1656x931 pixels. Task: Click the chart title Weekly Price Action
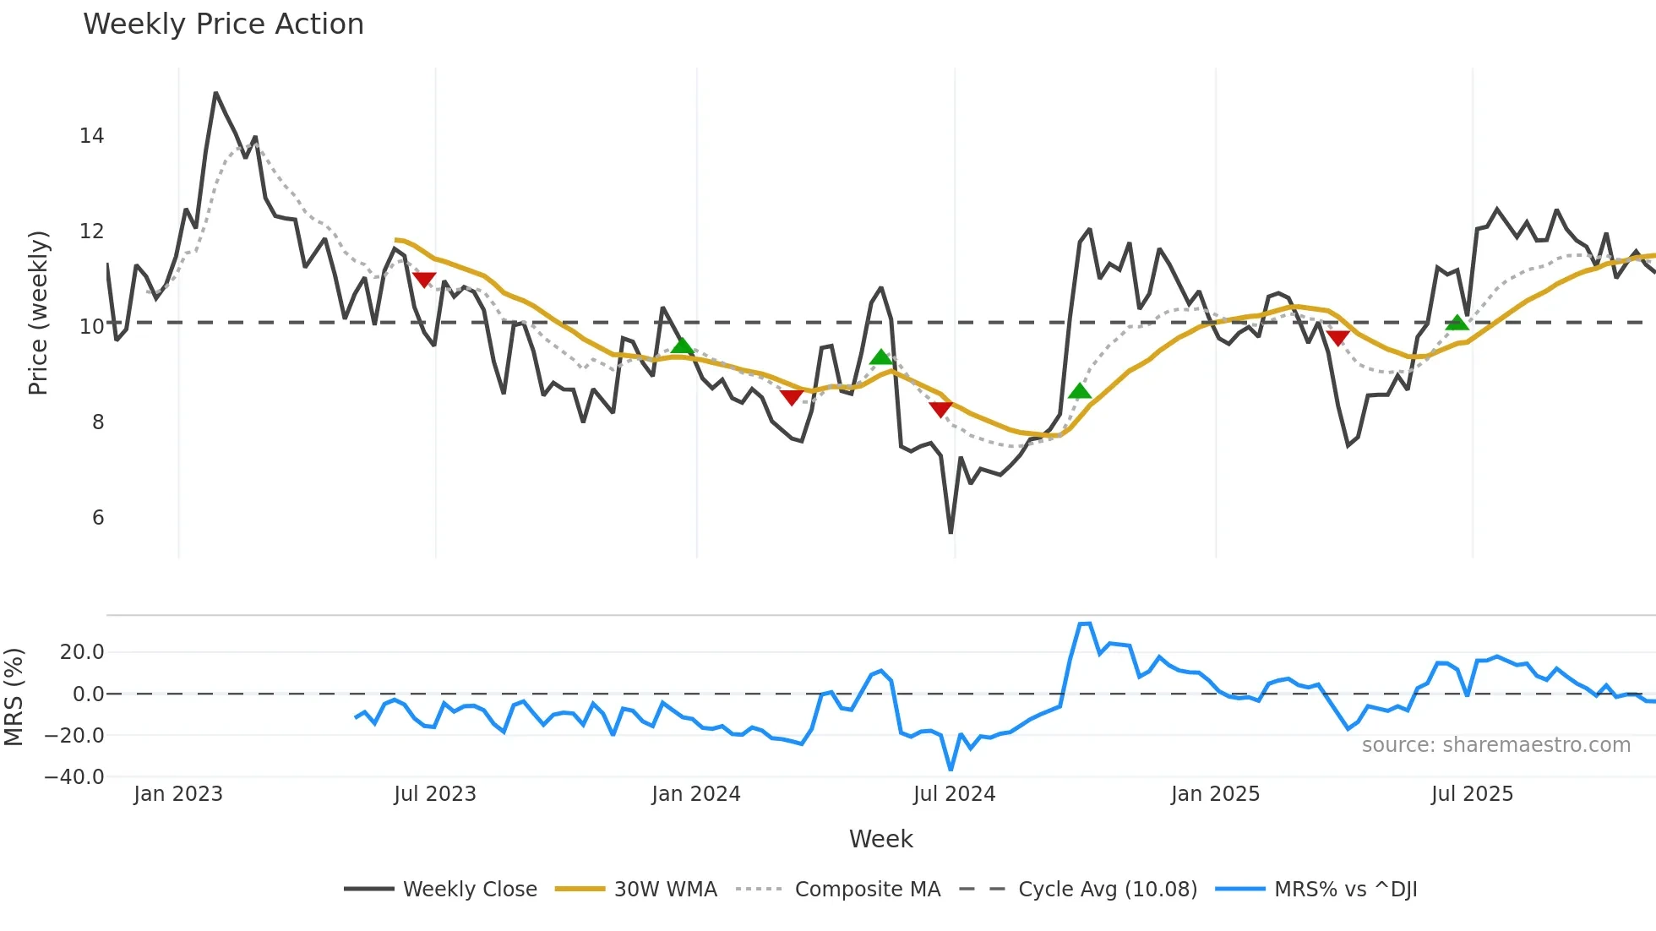(223, 24)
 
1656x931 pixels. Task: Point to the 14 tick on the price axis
(92, 136)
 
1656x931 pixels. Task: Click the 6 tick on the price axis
(98, 518)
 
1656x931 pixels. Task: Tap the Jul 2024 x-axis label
(954, 794)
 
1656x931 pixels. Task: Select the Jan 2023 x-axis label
(178, 794)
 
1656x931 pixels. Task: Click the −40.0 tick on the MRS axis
(74, 777)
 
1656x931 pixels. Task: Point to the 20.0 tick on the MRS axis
(82, 652)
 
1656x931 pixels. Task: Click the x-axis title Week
(880, 839)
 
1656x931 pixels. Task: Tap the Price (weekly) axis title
(38, 313)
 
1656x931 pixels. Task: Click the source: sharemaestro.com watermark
(1495, 745)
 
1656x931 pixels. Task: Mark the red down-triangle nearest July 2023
(424, 279)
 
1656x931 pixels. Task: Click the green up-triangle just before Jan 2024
(682, 346)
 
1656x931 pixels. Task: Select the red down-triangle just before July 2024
(940, 410)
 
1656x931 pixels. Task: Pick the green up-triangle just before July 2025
(1457, 323)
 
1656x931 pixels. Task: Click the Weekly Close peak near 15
(215, 93)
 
